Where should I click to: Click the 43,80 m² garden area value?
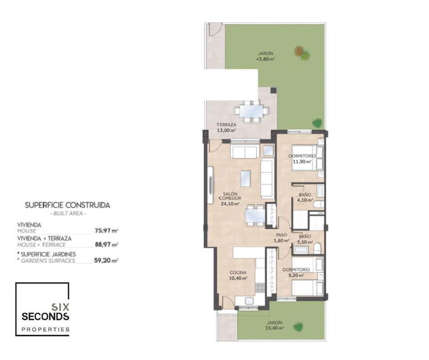[x=266, y=59]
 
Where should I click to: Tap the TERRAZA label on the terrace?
[x=226, y=125]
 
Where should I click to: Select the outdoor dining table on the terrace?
[x=251, y=111]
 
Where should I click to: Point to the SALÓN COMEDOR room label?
[x=230, y=196]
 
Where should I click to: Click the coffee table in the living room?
[x=246, y=179]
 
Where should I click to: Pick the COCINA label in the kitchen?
[x=238, y=273]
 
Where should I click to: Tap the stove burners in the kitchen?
[x=260, y=288]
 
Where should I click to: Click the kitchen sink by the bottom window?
[x=249, y=301]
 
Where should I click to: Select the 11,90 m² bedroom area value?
[x=302, y=162]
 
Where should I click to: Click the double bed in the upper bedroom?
[x=308, y=158]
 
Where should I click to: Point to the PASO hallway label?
[x=281, y=235]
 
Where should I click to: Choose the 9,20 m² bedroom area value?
[x=296, y=275]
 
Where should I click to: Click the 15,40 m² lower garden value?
[x=274, y=328]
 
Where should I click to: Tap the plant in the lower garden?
[x=298, y=327]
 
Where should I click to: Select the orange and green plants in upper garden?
[x=302, y=53]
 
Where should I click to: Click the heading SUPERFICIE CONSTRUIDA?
[x=68, y=205]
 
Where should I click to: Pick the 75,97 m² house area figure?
[x=106, y=231]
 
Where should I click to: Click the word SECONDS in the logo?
[x=45, y=317]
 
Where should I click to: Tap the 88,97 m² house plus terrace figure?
[x=106, y=244]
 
